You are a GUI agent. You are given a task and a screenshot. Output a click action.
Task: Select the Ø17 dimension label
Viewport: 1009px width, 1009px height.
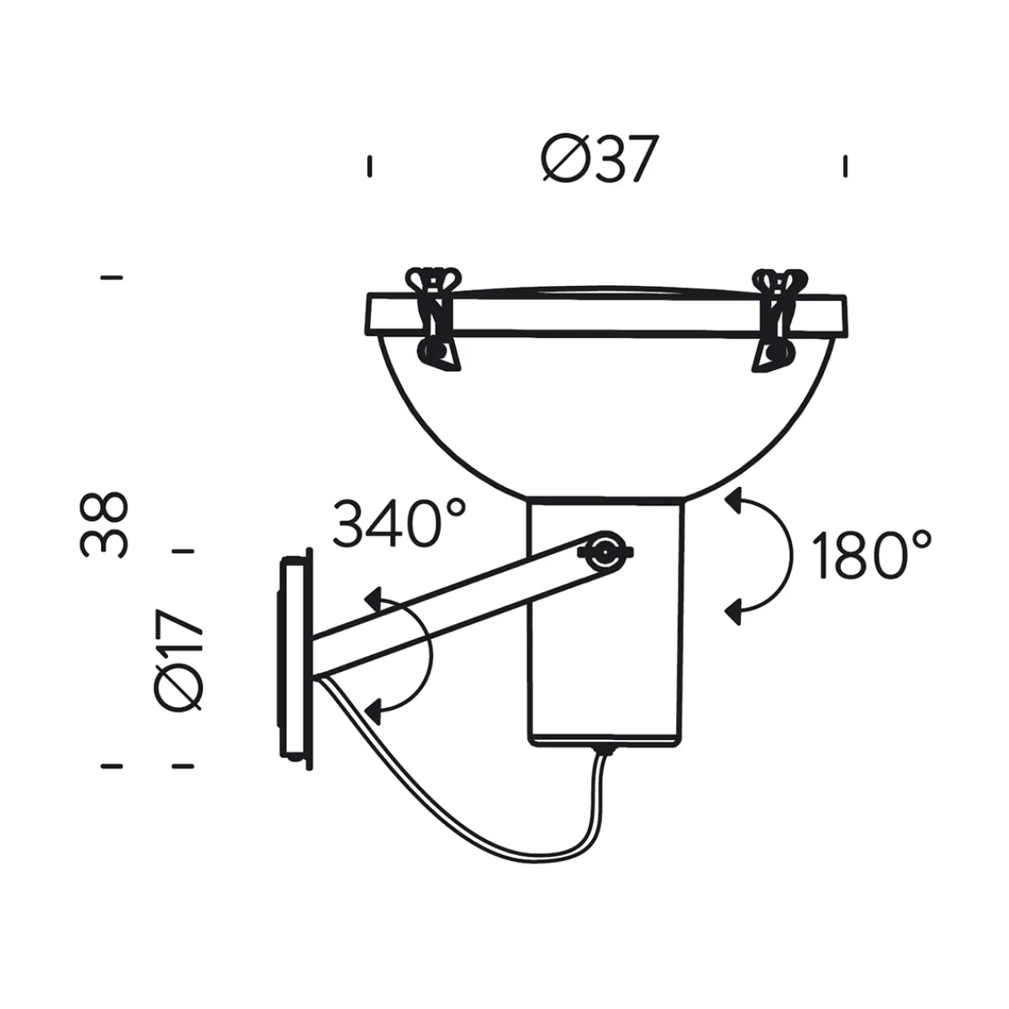coord(180,661)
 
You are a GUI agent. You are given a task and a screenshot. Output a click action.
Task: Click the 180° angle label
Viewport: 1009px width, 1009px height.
coord(872,555)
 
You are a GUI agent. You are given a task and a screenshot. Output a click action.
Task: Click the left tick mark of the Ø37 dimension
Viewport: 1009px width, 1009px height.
coord(368,166)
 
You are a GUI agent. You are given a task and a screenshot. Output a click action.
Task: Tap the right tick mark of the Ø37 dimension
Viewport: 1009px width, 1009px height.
coord(845,166)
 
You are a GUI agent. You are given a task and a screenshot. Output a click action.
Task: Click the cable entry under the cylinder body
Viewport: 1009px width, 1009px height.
coord(602,748)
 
